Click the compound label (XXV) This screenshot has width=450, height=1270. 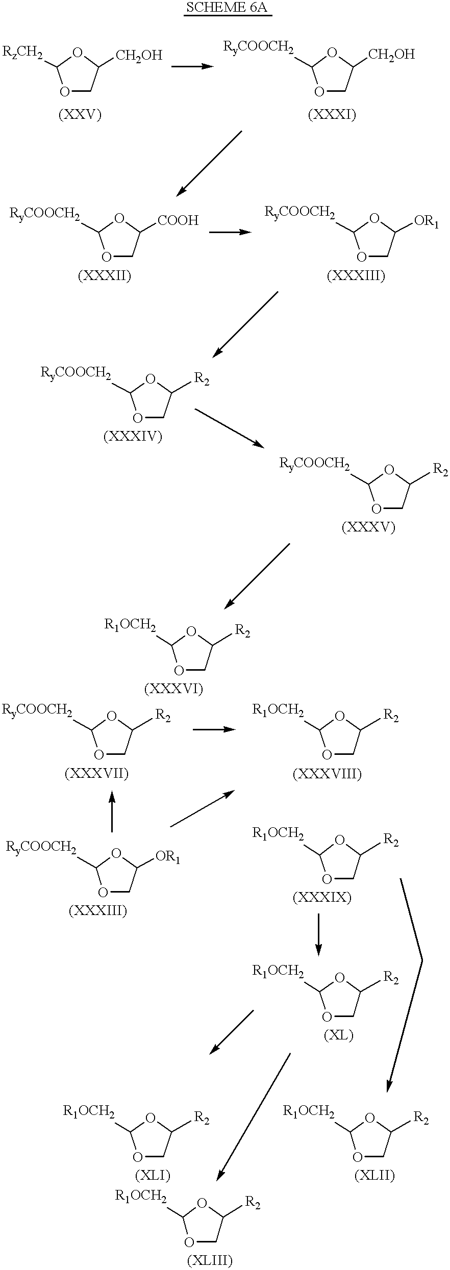pos(80,115)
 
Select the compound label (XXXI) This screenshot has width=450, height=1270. pos(332,115)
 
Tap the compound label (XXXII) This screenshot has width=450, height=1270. pos(105,276)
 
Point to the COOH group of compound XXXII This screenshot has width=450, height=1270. pos(178,220)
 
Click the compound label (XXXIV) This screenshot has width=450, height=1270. pos(133,437)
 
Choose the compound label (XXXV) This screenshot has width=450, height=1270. pos(368,527)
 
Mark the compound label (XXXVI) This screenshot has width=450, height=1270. pos(173,689)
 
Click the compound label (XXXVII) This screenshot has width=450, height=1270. pos(96,774)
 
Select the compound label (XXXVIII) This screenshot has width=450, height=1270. pos(327,774)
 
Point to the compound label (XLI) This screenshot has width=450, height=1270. pos(153,1176)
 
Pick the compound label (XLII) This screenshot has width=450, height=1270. pos(374,1176)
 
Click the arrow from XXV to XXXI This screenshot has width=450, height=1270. pos(192,66)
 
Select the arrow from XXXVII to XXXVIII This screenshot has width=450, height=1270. pos(214,730)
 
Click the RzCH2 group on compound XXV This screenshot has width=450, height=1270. pos(23,53)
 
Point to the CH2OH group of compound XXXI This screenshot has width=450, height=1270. pos(391,54)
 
